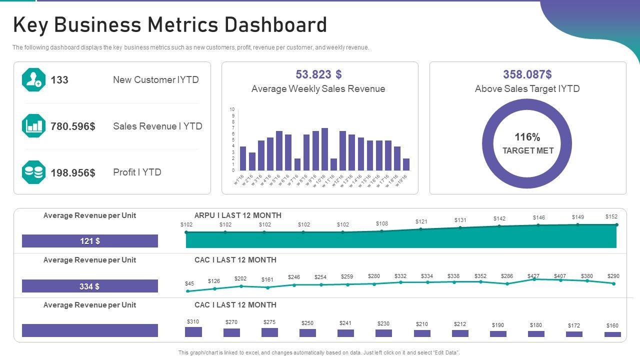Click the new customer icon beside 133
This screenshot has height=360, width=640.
[x=33, y=80]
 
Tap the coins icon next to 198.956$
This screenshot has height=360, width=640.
[x=33, y=172]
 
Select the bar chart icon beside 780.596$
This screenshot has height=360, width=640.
[x=33, y=126]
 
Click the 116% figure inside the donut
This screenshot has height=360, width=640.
[x=527, y=137]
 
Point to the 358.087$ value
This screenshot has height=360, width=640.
[x=527, y=74]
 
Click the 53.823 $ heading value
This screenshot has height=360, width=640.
[x=318, y=74]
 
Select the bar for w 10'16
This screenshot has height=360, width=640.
[x=324, y=149]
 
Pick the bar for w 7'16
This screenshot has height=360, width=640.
[x=297, y=164]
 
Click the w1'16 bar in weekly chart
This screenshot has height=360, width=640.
[x=243, y=158]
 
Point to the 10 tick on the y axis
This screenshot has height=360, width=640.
[x=232, y=109]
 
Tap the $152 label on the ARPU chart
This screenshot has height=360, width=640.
[x=611, y=217]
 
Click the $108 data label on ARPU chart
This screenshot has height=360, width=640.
[x=381, y=223]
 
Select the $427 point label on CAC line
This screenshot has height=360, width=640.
[x=533, y=276]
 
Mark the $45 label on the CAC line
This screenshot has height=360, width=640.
[x=189, y=283]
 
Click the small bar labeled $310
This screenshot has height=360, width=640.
[x=193, y=332]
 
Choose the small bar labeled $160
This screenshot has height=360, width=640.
[x=612, y=334]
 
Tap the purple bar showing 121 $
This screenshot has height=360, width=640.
[x=90, y=241]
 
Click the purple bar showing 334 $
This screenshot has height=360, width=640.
[x=90, y=286]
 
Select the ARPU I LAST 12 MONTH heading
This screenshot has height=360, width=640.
[x=237, y=215]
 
